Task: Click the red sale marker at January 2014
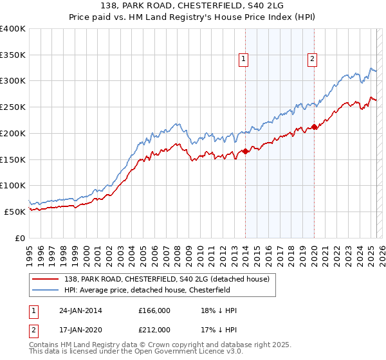(245, 152)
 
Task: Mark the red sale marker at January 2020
(314, 127)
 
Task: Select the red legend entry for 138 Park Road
(171, 278)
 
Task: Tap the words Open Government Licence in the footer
(185, 352)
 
